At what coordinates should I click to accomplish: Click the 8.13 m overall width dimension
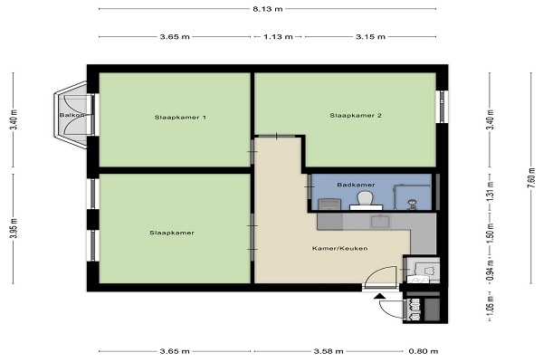pos(267,9)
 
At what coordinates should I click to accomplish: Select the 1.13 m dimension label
pos(278,37)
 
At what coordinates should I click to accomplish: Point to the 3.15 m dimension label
pos(370,37)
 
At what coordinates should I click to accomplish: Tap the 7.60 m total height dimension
pos(530,177)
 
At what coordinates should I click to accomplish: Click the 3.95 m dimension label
pos(14,229)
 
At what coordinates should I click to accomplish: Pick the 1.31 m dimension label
pos(490,192)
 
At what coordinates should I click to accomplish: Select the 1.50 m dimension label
pos(490,233)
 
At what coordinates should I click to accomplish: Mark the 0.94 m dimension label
pos(490,271)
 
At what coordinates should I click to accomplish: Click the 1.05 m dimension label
pos(490,307)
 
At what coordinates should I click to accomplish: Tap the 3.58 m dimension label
pos(329,351)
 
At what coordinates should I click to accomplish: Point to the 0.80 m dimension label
pos(424,351)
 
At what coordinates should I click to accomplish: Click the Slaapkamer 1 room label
pos(180,118)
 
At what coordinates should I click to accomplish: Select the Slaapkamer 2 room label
pos(356,115)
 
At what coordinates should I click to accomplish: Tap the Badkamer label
pos(356,185)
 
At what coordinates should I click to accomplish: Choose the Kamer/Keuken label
pos(339,248)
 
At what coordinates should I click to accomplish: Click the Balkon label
pos(71,115)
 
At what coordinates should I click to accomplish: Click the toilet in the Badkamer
pos(366,200)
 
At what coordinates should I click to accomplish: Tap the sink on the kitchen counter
pos(380,221)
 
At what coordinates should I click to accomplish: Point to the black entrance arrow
pos(380,296)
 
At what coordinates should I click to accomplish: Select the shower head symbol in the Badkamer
pos(412,204)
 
